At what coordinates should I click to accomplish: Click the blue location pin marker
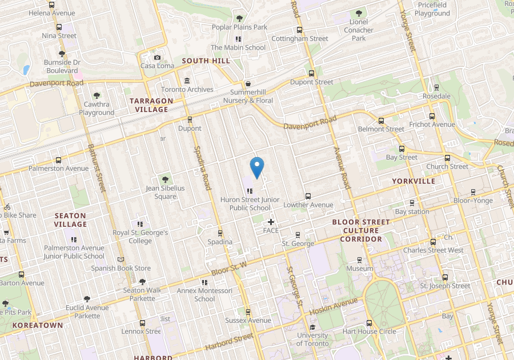(x=257, y=167)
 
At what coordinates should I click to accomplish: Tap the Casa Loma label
(x=156, y=66)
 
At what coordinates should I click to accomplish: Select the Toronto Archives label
(x=187, y=90)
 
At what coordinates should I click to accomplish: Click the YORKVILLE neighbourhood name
(x=413, y=181)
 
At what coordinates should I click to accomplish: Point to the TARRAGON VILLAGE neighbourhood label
(x=151, y=105)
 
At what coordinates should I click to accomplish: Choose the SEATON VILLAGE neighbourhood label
(x=70, y=220)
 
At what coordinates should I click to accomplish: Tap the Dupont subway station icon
(x=190, y=119)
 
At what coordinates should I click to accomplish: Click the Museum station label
(x=359, y=269)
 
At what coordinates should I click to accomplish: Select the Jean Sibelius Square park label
(x=165, y=193)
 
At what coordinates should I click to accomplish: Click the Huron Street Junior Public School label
(x=250, y=204)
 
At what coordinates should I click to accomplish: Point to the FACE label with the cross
(x=271, y=230)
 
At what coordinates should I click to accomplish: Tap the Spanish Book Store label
(x=121, y=268)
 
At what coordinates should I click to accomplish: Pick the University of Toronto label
(x=312, y=339)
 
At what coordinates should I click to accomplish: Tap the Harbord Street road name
(x=228, y=341)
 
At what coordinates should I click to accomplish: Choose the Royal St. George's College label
(x=140, y=237)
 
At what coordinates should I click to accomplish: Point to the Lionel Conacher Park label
(x=359, y=30)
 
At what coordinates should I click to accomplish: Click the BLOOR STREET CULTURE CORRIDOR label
(x=360, y=230)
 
